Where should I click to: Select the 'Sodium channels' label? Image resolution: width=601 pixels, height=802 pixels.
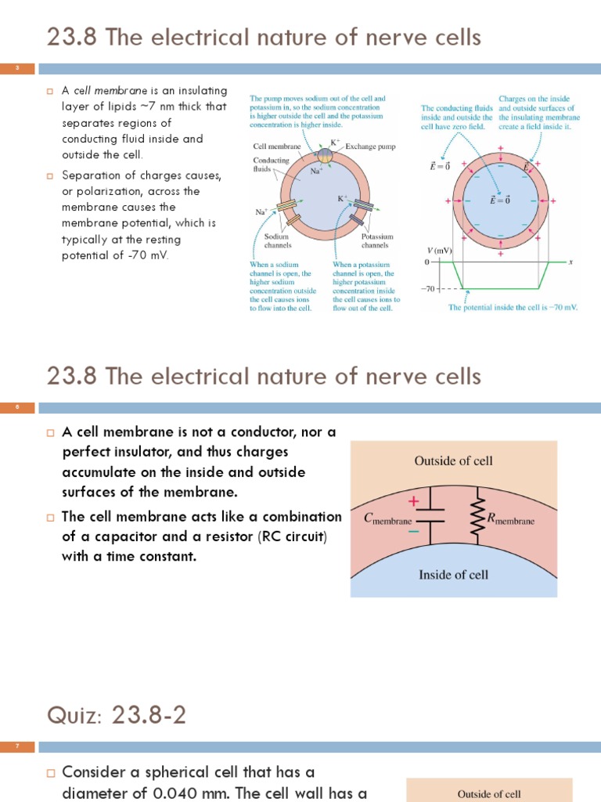pos(278,240)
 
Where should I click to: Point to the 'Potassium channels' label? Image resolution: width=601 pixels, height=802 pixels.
pos(376,240)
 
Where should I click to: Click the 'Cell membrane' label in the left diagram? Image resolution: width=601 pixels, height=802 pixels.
pos(272,146)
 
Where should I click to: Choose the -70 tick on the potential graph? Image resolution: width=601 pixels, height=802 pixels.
pos(427,288)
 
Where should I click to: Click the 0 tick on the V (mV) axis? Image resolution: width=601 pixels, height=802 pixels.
pos(428,262)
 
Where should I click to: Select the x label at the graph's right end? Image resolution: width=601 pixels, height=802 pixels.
pos(570,262)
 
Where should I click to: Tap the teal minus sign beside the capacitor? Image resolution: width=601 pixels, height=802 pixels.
pos(413,532)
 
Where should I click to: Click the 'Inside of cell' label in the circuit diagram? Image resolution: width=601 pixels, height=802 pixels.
pos(454,575)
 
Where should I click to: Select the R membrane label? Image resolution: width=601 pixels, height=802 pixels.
pos(510,518)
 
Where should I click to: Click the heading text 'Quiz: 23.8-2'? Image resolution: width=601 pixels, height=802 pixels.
pos(117,714)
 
